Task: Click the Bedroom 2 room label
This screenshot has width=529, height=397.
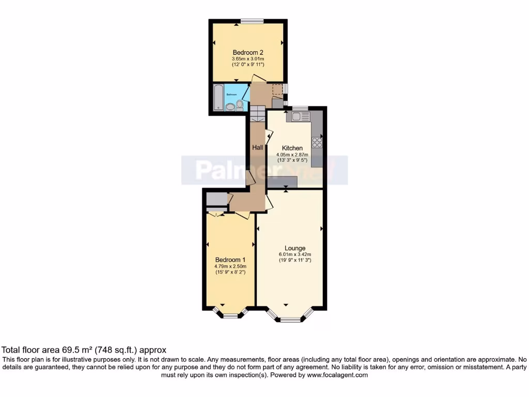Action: point(248,52)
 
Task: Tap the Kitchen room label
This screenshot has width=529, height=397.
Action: point(292,148)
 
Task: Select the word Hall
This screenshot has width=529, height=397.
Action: point(257,148)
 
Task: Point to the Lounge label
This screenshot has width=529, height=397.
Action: point(294,248)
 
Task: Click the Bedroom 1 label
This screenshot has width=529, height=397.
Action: point(230,259)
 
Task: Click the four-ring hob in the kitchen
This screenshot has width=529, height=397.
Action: point(317,142)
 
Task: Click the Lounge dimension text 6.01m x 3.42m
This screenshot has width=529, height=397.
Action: point(294,254)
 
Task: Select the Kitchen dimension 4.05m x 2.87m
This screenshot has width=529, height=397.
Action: point(292,155)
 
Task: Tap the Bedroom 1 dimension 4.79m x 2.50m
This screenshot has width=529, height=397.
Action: point(230,266)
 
